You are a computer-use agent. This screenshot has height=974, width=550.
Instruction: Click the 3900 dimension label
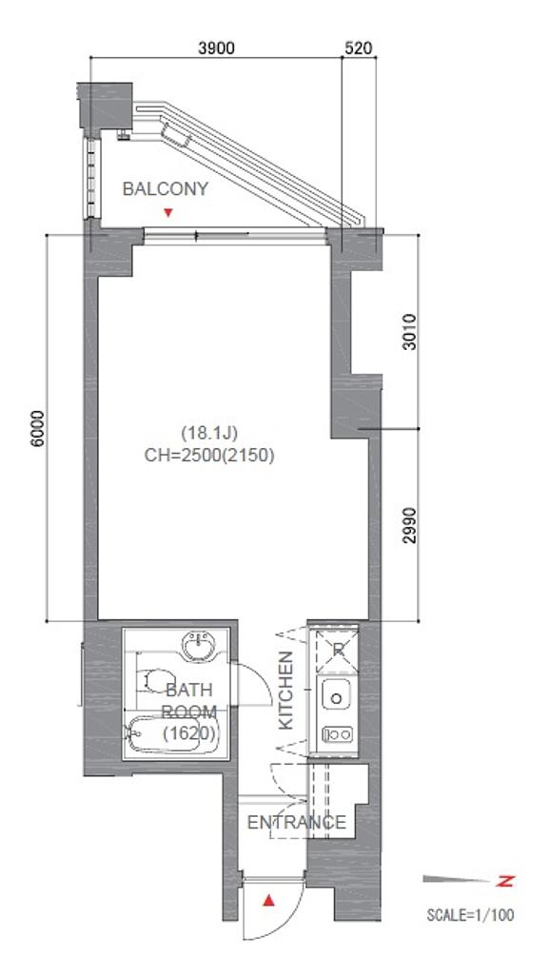[216, 48]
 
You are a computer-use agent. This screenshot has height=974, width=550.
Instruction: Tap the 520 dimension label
[358, 48]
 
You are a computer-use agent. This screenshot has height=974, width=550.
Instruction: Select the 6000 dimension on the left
[37, 428]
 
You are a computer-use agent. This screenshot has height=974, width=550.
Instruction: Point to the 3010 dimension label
[409, 332]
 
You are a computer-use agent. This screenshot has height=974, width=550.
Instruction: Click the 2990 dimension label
[409, 525]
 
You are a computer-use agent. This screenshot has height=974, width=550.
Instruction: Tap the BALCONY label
[166, 189]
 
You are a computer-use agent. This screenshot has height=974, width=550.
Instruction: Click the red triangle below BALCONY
[167, 213]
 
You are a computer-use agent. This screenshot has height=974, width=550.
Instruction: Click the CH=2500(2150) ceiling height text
[209, 456]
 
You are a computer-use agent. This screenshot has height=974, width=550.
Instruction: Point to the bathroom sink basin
[201, 646]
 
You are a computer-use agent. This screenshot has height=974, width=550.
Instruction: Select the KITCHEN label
[285, 690]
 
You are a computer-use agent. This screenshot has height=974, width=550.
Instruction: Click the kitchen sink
[337, 695]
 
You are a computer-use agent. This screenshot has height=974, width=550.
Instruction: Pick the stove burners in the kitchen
[337, 734]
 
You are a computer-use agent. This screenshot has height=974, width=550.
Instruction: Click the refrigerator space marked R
[337, 651]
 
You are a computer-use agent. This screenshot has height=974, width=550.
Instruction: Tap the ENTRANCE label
[297, 823]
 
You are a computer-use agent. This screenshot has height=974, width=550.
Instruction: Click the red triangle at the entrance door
[268, 900]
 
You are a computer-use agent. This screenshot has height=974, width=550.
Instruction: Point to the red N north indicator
[506, 880]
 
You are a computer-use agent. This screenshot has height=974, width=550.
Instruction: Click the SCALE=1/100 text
[470, 914]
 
